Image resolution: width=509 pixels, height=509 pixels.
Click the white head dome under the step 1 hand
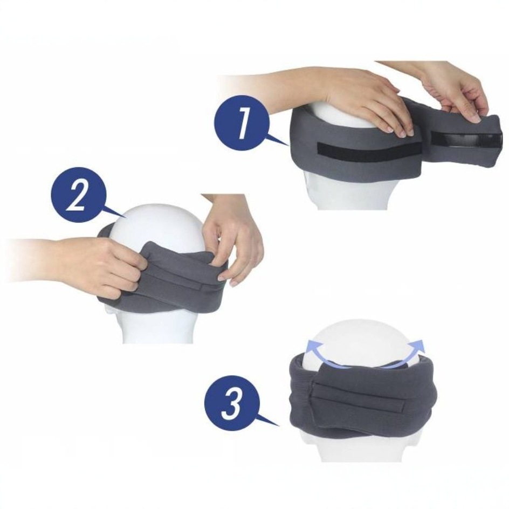[329, 113]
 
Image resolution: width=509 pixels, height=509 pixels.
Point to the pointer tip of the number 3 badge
[279, 425]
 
